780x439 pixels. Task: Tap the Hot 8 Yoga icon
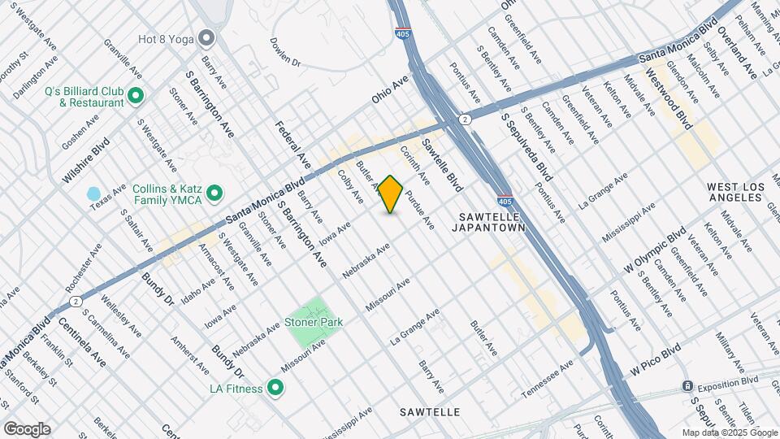pos(207,37)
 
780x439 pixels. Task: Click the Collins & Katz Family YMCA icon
pos(214,193)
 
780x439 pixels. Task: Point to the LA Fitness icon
pos(275,389)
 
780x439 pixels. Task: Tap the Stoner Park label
pos(314,322)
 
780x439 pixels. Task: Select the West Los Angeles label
pos(736,193)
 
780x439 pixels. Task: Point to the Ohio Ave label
pos(390,90)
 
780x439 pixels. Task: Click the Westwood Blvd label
pos(669,98)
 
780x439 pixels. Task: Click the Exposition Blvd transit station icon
pos(687,385)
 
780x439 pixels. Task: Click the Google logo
pos(27,429)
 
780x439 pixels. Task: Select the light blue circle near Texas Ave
pos(93,195)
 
